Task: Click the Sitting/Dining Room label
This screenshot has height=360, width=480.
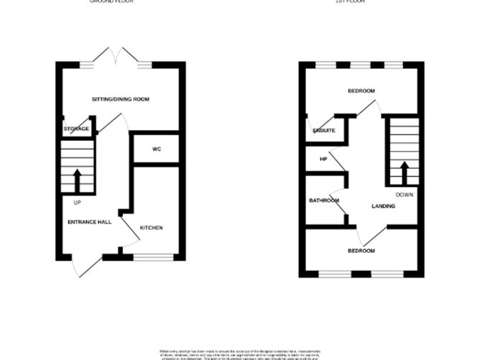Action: pos(120,98)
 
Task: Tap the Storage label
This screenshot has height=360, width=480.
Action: pos(76,129)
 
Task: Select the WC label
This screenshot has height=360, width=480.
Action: pos(157,149)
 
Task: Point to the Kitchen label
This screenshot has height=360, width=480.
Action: pos(151,228)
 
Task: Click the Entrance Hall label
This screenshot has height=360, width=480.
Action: pos(89,222)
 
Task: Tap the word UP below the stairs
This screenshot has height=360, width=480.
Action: pos(77,202)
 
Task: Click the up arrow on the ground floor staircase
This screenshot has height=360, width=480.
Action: pos(77,180)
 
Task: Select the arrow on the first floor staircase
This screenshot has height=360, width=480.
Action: pos(404,173)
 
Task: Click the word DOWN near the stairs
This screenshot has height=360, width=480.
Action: pos(405,195)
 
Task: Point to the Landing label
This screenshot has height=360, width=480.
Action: pos(383,207)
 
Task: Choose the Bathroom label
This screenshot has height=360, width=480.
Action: pos(324,200)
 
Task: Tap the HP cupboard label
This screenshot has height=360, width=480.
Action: pos(323,159)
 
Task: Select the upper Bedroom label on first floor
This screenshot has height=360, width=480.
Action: pos(361,91)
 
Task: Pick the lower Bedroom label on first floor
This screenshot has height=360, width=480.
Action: pos(361,251)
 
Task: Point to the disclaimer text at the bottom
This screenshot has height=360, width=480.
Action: pos(239,353)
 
